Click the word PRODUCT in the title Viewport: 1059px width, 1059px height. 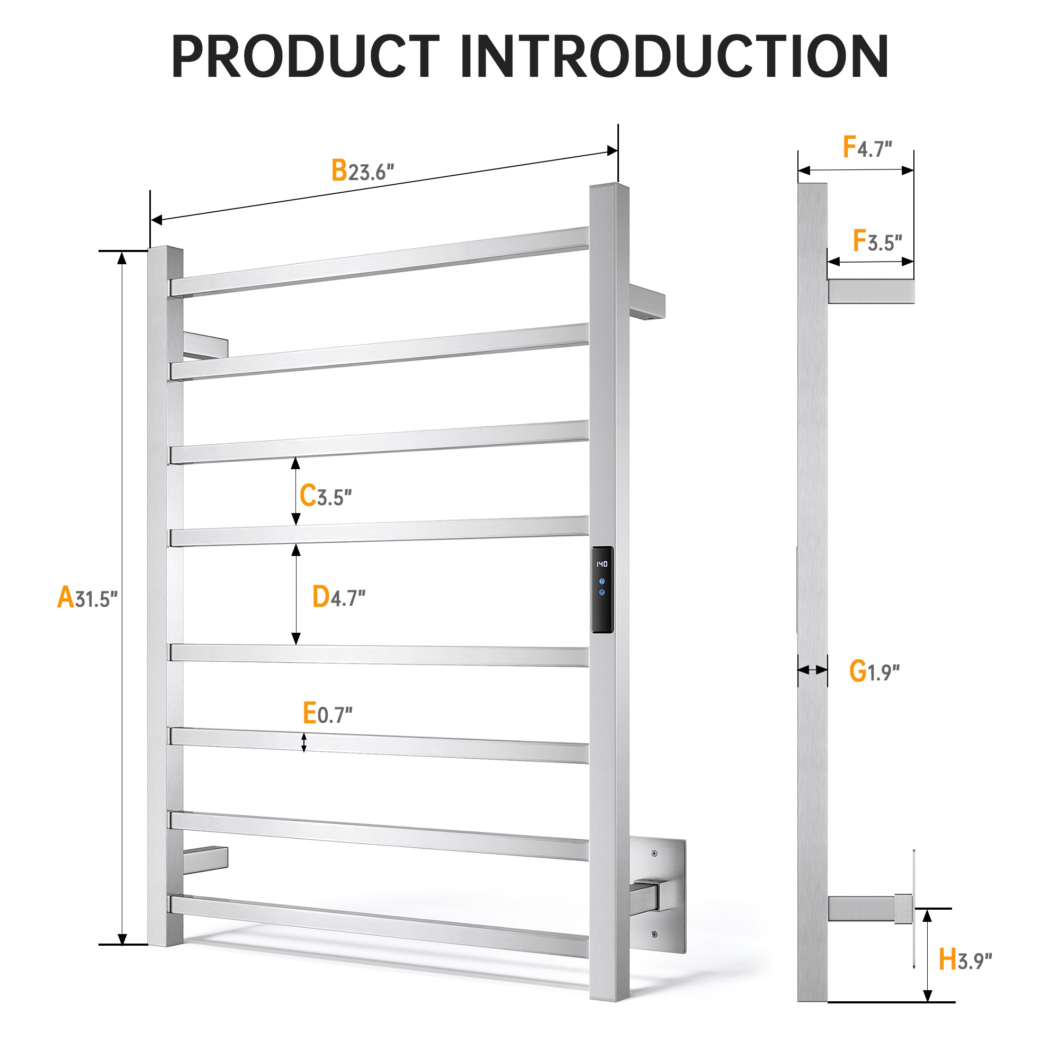pos(306,57)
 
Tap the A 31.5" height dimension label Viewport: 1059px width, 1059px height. pos(88,597)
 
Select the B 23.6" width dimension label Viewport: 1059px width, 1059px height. pos(363,170)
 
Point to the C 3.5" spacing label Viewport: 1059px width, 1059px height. pos(326,496)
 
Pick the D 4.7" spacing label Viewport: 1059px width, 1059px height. pos(339,597)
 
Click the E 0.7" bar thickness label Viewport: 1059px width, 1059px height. pos(328,713)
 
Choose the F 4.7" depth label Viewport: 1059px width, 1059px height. pos(867,147)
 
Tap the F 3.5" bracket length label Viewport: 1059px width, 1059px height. pos(877,240)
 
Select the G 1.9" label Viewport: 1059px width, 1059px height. pos(874,671)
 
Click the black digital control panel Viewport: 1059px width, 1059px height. pos(602,589)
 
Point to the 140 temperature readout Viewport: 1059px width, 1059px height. pos(602,563)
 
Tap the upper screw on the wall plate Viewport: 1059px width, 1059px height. pos(654,854)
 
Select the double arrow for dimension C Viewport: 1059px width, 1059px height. pos(295,492)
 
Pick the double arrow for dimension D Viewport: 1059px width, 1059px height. pos(296,595)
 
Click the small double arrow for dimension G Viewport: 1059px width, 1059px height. pos(812,670)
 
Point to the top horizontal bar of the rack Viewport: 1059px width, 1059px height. pos(379,262)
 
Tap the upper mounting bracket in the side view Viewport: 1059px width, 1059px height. pos(871,291)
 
